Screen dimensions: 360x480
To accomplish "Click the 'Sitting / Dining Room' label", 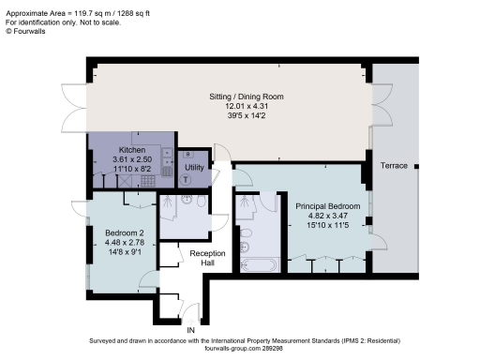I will (x=246, y=97).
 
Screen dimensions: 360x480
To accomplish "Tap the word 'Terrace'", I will (x=394, y=165).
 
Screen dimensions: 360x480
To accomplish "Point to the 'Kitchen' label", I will (x=132, y=150).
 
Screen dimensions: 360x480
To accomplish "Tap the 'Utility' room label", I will (x=194, y=167).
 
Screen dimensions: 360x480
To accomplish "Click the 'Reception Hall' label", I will (x=205, y=259).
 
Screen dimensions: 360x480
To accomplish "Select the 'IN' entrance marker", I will (x=190, y=330).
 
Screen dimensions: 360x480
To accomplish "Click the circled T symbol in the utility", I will (x=186, y=179).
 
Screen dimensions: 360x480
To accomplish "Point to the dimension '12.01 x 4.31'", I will (x=246, y=106).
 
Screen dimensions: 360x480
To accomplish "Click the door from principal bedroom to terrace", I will (x=371, y=217).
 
